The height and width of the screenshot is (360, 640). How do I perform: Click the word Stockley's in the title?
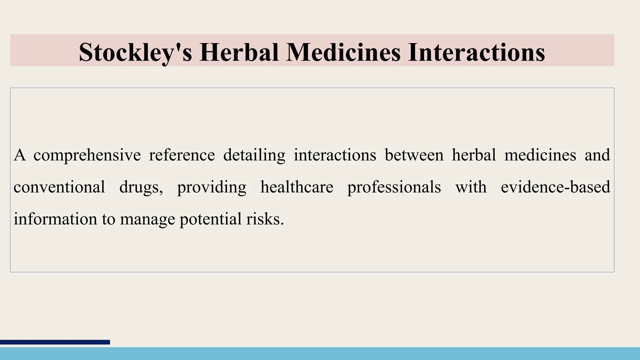pos(135,52)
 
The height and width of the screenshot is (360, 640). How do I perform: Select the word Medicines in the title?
pos(343,52)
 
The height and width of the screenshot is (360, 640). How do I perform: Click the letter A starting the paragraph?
pos(19,155)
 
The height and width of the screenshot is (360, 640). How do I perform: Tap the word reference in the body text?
pos(182,155)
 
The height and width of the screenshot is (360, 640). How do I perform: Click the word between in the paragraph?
pos(414,155)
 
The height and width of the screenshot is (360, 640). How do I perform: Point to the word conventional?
pos(59,187)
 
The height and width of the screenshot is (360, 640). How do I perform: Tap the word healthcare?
pos(297,187)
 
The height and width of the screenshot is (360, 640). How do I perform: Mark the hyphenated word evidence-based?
pos(555,187)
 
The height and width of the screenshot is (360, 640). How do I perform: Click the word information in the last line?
pos(55,219)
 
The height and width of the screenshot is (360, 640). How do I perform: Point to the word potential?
pos(210,219)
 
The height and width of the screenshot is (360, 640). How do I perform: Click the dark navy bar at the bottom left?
pos(55,342)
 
